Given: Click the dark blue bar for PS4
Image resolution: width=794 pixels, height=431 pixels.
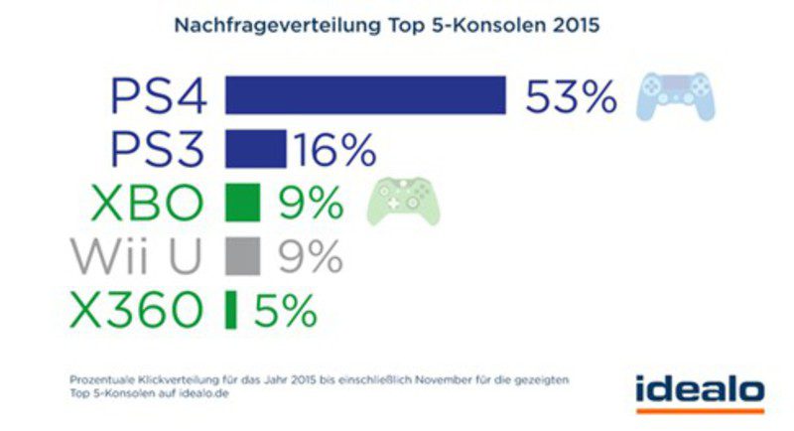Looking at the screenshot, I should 365,95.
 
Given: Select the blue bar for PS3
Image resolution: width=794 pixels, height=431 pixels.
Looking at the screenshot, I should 255,149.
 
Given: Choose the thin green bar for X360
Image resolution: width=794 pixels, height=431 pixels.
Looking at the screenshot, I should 231,309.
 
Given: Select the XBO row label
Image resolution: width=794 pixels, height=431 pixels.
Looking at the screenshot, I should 147,204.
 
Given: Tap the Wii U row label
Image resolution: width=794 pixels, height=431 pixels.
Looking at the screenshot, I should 137,256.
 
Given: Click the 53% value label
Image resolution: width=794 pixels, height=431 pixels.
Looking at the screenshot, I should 572,96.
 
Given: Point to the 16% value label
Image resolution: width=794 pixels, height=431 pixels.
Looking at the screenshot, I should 333,150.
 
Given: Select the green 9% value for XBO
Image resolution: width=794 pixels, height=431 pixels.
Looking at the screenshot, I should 311,204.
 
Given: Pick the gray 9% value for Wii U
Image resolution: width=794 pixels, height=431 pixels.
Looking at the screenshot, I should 311,256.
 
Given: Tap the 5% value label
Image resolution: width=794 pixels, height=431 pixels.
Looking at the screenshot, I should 286,310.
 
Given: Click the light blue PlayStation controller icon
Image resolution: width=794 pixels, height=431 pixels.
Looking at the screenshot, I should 675,96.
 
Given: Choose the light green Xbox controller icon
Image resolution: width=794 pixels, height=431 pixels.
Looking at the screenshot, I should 404,202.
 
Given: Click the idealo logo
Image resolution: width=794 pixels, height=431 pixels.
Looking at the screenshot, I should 701,389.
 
